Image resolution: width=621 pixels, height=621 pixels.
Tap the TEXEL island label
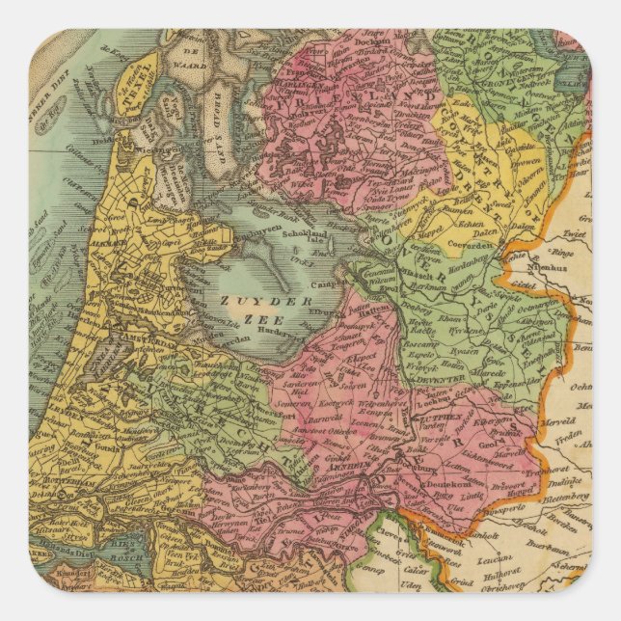pos(141,73)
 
